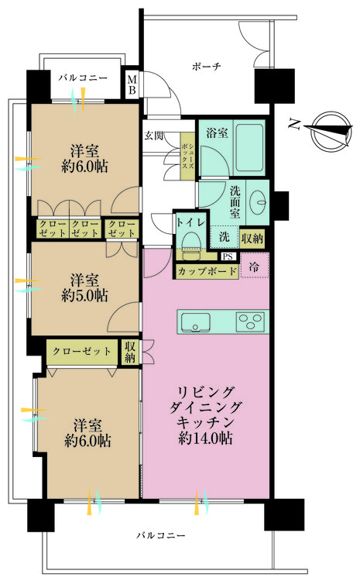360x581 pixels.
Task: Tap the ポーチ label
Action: [207, 67]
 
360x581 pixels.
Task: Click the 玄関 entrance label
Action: [153, 136]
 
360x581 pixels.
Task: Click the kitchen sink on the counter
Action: [198, 321]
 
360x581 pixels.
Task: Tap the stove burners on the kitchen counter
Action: [251, 321]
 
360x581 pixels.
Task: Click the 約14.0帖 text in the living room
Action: [205, 438]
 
